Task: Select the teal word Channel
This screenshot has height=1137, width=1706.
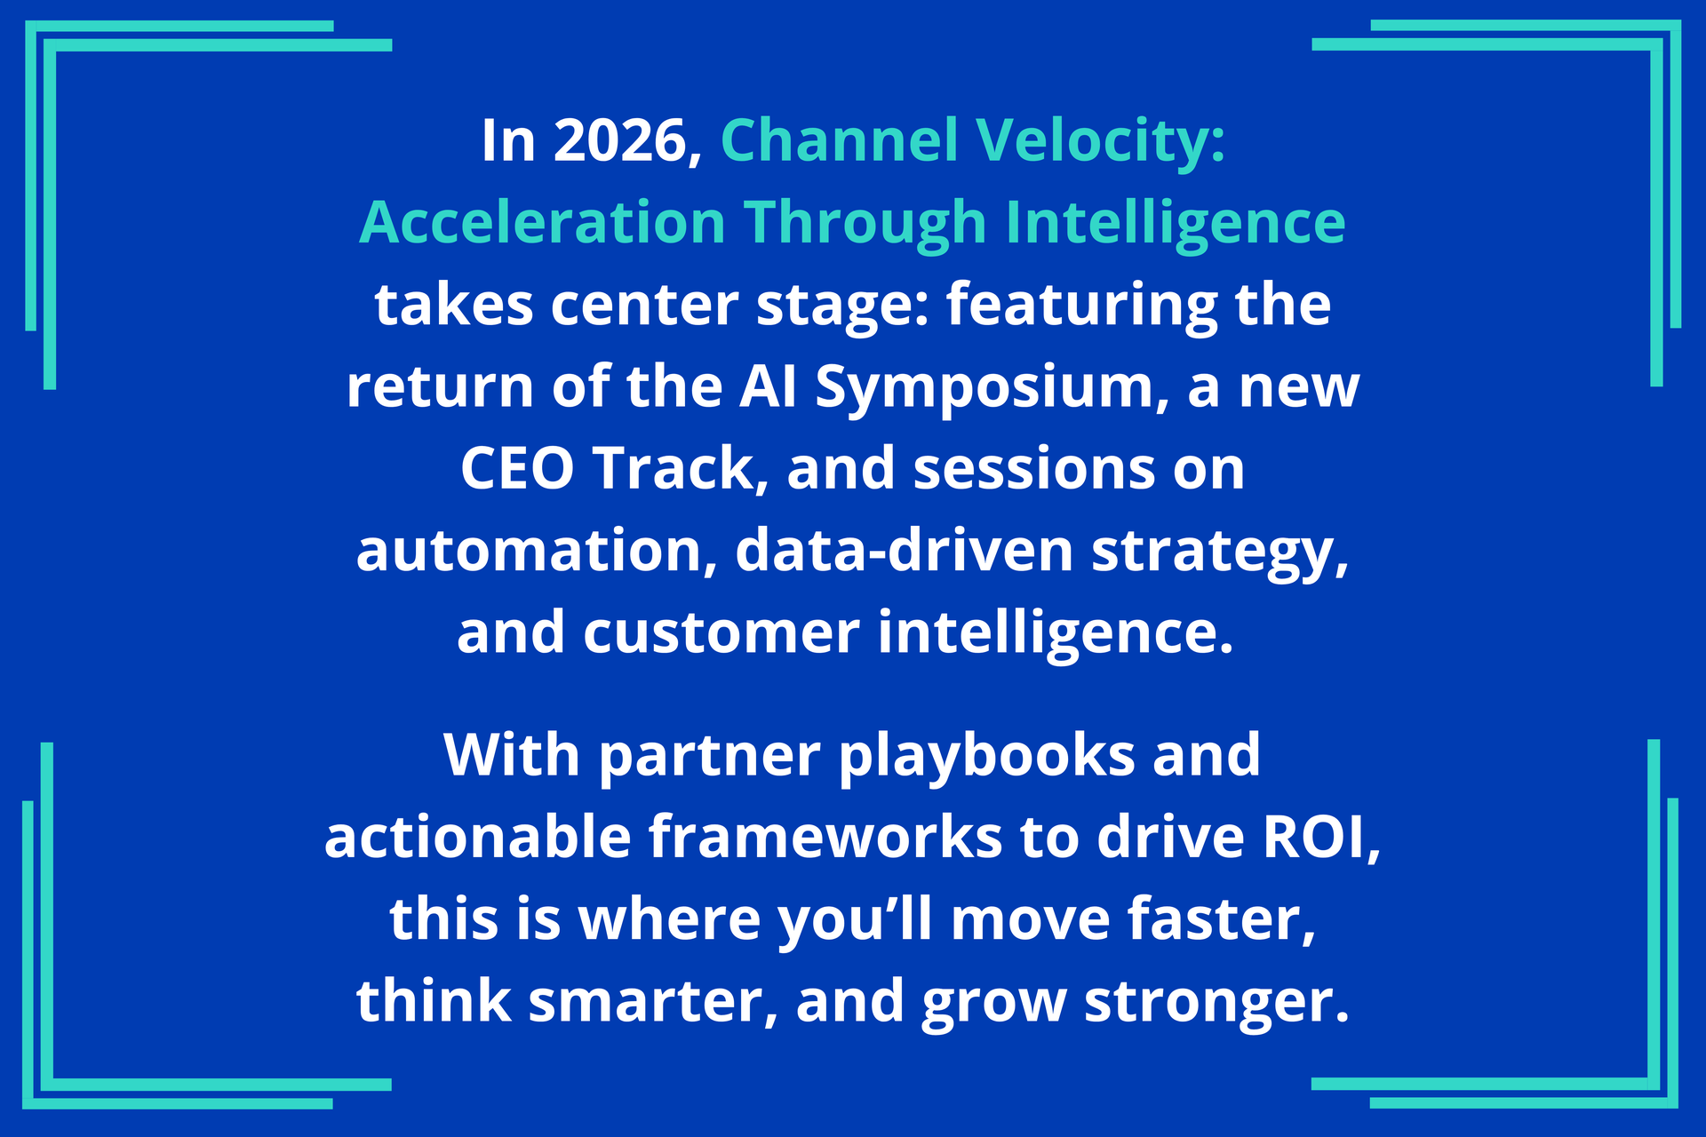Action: coord(840,139)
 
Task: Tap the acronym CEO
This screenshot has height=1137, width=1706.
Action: coord(517,469)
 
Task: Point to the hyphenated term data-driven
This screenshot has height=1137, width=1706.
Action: coord(905,551)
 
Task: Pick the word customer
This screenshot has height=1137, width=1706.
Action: coord(721,632)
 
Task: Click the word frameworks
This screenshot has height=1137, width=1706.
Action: coord(825,837)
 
